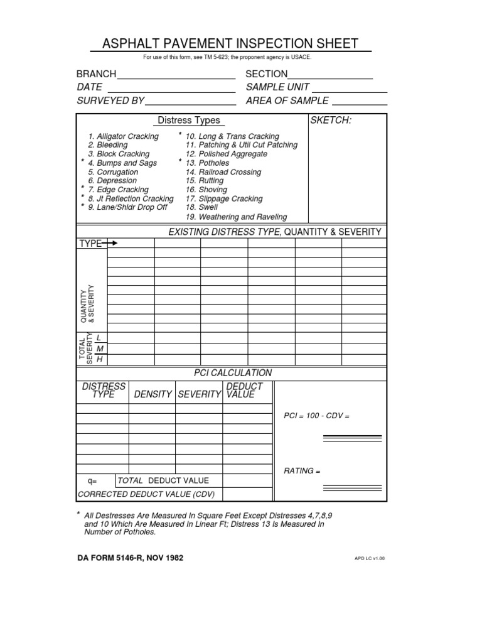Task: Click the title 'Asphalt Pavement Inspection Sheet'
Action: pos(230,43)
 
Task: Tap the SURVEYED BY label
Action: pos(110,100)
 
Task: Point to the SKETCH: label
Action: pos(331,121)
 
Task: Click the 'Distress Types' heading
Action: pos(188,121)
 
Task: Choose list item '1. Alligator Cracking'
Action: pos(124,136)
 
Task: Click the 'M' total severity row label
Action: pos(99,349)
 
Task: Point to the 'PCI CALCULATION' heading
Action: pos(232,373)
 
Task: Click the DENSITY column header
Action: pos(153,394)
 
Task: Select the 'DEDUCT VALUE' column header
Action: pos(244,391)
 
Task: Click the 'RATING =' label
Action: pos(303,471)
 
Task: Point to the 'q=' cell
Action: pos(92,481)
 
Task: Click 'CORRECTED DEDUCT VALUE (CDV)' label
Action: pos(146,494)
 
